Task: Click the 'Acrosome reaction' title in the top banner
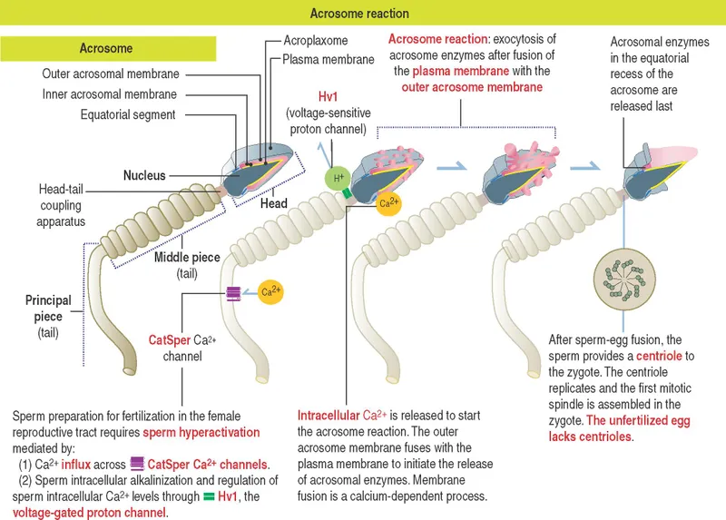359,14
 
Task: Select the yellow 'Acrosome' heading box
106,49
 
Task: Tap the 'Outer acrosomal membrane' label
111,74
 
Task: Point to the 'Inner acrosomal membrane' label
111,94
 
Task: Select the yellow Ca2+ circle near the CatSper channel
270,292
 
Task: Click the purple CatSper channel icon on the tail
234,293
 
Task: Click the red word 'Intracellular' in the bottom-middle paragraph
329,415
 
